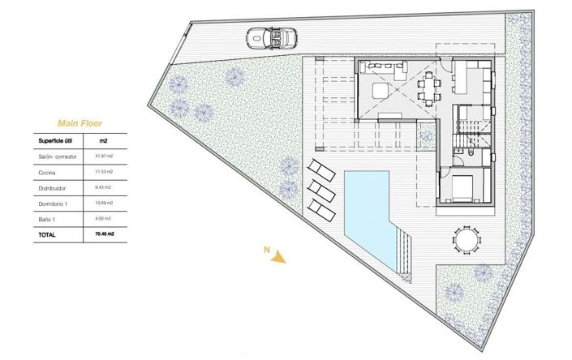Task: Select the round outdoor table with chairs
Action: [465, 240]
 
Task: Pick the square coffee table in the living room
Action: [381, 90]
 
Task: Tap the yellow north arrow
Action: [280, 257]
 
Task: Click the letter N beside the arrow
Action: [265, 251]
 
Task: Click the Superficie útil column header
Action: [57, 140]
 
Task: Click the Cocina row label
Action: [47, 172]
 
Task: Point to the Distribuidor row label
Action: [52, 187]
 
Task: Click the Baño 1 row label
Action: [47, 218]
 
